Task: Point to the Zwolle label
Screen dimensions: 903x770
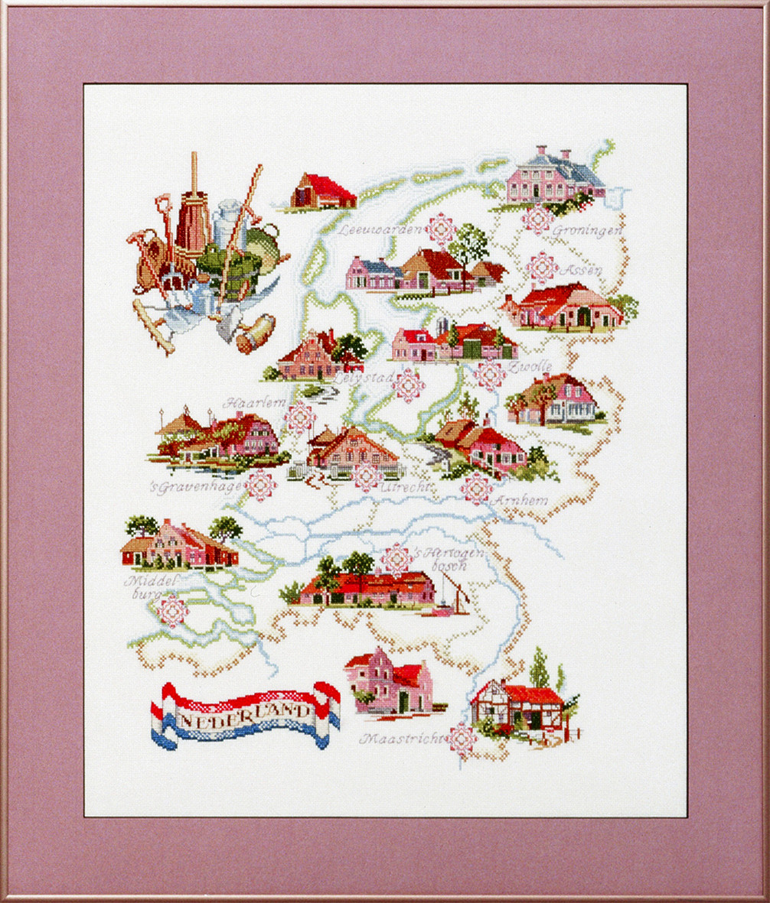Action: (x=535, y=368)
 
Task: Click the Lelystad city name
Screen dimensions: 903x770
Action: (x=364, y=377)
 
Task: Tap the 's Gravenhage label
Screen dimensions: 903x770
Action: (x=198, y=486)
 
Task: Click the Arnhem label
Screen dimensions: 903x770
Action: (x=521, y=501)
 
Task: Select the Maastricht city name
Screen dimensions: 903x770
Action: (x=403, y=739)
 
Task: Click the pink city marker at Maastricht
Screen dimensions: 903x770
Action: (x=461, y=739)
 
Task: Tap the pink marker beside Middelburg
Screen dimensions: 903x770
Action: (x=171, y=610)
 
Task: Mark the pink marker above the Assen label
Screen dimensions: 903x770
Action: (x=542, y=267)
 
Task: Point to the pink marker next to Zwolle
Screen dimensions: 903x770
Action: (x=490, y=375)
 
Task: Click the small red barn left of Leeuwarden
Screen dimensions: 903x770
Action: (x=323, y=193)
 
